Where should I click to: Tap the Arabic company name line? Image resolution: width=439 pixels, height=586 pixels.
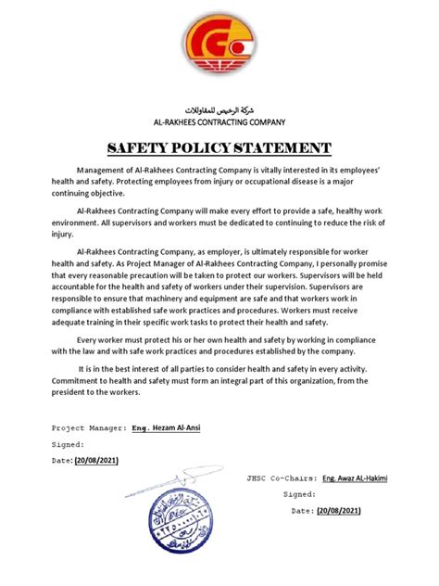219,109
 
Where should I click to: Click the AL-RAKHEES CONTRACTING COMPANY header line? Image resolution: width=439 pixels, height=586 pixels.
219,122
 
